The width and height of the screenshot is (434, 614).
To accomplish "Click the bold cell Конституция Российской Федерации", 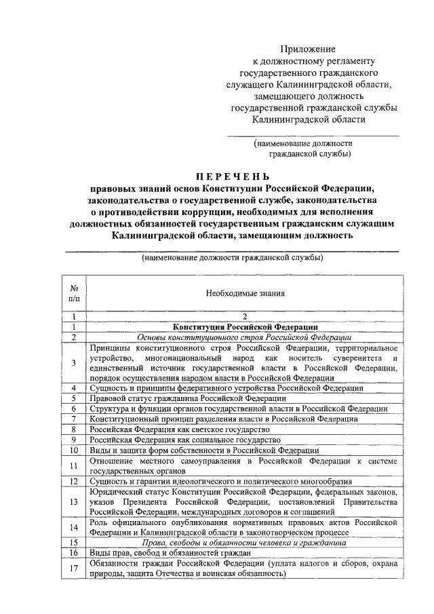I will [x=245, y=326].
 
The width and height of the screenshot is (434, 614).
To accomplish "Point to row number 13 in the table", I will [x=74, y=501].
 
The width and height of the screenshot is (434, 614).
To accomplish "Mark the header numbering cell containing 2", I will [x=245, y=316].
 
